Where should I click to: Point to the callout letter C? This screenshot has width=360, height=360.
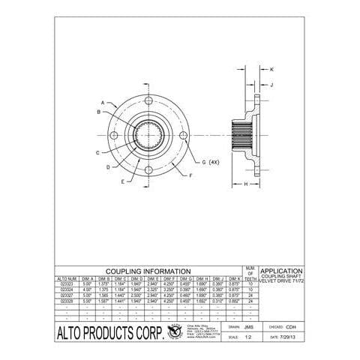(x=98, y=152)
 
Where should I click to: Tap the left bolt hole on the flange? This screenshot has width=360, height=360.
(x=114, y=135)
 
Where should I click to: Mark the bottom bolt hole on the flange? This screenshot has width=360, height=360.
(x=149, y=170)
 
